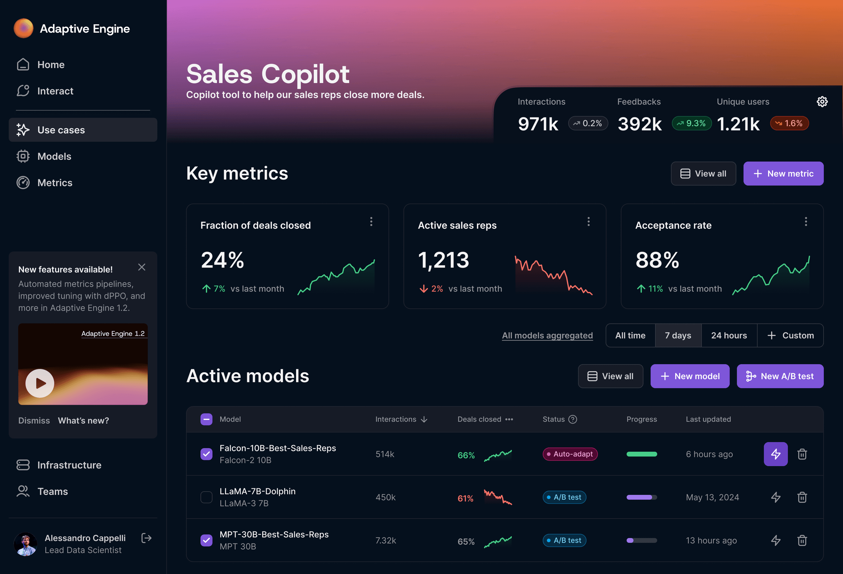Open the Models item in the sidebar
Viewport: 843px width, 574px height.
tap(54, 156)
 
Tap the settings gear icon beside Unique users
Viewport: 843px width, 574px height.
tap(822, 102)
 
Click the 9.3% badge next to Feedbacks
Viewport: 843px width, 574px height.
tap(691, 123)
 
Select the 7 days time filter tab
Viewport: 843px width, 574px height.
tap(678, 335)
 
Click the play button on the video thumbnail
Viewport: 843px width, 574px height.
tap(40, 383)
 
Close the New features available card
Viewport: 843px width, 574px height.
tap(141, 268)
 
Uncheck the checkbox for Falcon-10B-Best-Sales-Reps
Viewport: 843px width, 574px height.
tap(207, 454)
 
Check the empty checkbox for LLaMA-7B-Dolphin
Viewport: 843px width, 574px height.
tap(207, 497)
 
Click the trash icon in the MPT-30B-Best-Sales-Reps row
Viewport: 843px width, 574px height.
tap(802, 540)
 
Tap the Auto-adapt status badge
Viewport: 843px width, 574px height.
tap(570, 454)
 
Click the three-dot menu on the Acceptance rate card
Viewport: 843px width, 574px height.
tap(806, 222)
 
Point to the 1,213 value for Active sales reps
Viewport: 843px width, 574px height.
tap(443, 260)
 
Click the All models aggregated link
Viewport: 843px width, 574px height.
tap(547, 335)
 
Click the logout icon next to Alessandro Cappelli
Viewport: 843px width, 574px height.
tap(146, 538)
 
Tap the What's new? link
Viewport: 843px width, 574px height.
tap(83, 421)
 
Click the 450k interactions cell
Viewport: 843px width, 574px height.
tap(385, 497)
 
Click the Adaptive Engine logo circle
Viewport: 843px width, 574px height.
tap(24, 28)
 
